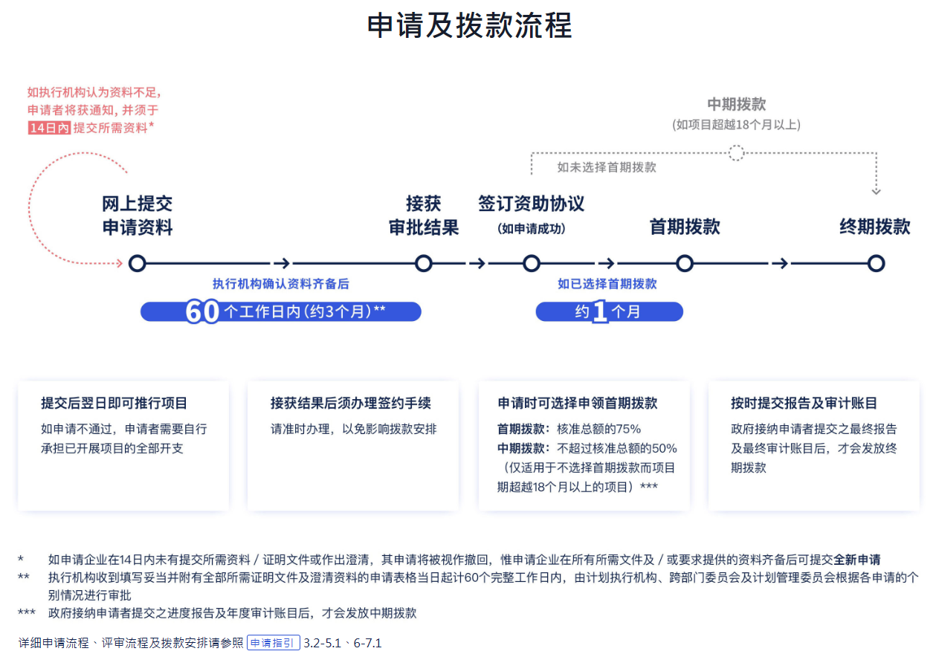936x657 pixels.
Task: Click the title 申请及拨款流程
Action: click(x=469, y=25)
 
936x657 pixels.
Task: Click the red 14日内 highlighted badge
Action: click(x=49, y=128)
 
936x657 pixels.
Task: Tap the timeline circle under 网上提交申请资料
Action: click(x=137, y=264)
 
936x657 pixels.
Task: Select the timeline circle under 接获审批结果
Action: click(x=423, y=264)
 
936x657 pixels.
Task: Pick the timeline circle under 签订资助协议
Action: click(x=531, y=264)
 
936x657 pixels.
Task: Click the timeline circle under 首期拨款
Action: click(x=685, y=264)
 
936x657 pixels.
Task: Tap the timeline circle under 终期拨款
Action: click(x=876, y=264)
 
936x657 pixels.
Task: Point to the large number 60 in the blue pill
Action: click(x=202, y=311)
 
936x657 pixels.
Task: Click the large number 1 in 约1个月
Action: click(x=600, y=311)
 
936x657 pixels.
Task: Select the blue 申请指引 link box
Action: click(x=274, y=642)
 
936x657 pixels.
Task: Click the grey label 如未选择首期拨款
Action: click(x=607, y=167)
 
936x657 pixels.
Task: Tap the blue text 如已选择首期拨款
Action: click(x=607, y=284)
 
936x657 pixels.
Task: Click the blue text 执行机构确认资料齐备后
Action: click(x=281, y=284)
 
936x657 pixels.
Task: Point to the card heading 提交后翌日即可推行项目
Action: click(x=114, y=403)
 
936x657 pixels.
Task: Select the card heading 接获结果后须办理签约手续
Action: click(x=351, y=403)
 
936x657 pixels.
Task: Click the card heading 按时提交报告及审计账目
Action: click(x=804, y=403)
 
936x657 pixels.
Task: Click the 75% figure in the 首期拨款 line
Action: click(x=628, y=429)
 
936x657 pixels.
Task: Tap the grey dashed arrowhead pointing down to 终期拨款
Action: click(x=876, y=192)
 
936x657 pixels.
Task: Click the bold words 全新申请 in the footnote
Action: click(x=856, y=559)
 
